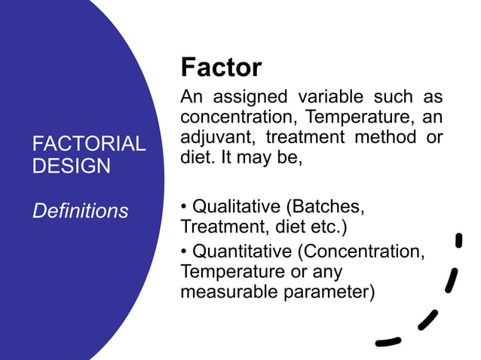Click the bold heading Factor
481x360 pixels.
(x=221, y=69)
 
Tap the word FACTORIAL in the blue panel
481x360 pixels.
(x=89, y=144)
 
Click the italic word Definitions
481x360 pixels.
(x=80, y=212)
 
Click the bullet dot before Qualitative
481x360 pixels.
(x=185, y=206)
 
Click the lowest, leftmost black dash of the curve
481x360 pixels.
(x=388, y=341)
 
